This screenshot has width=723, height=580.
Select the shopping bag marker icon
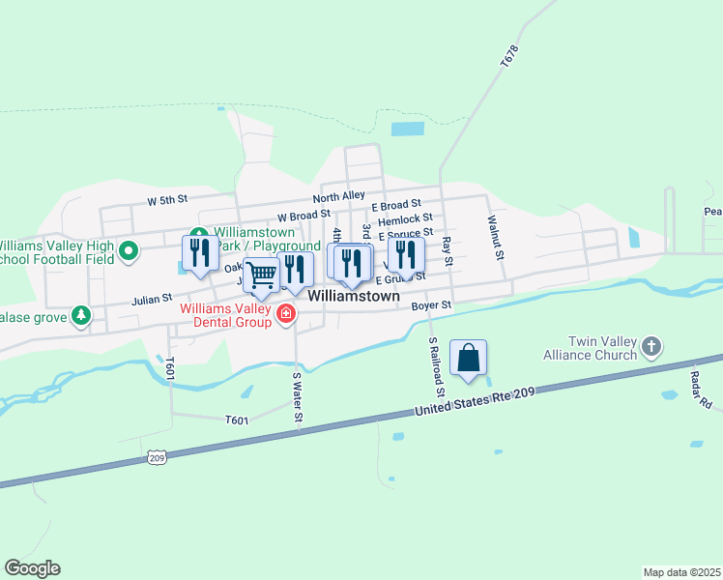[x=468, y=358]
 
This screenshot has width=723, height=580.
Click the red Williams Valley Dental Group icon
[x=286, y=314]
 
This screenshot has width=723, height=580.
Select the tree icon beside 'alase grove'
[x=82, y=314]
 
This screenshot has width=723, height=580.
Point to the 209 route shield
[x=156, y=455]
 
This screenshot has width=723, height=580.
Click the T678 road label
[x=509, y=55]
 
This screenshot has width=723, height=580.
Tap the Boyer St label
[x=431, y=305]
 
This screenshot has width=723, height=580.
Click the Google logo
[x=32, y=568]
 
